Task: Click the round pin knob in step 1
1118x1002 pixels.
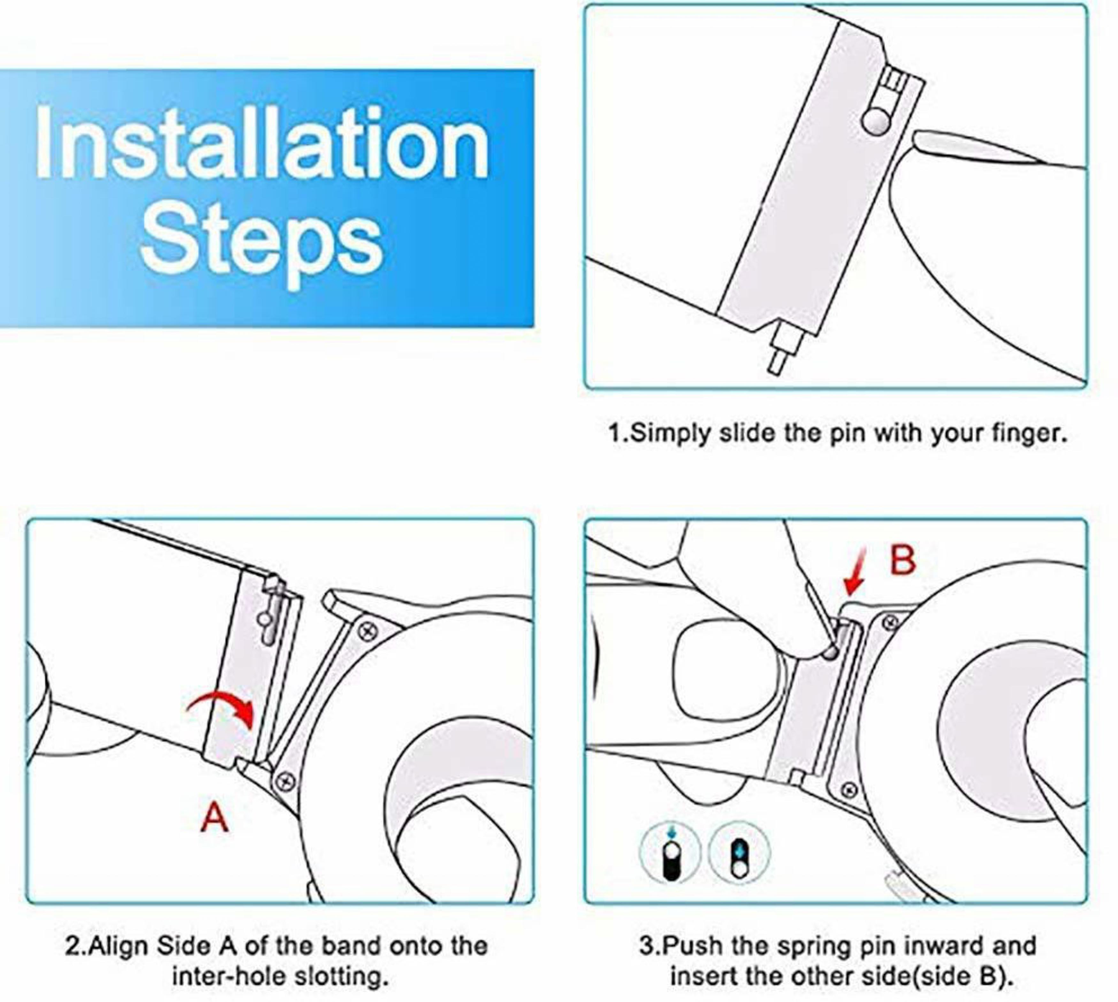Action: point(876,121)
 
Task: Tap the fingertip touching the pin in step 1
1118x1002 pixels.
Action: point(930,144)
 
